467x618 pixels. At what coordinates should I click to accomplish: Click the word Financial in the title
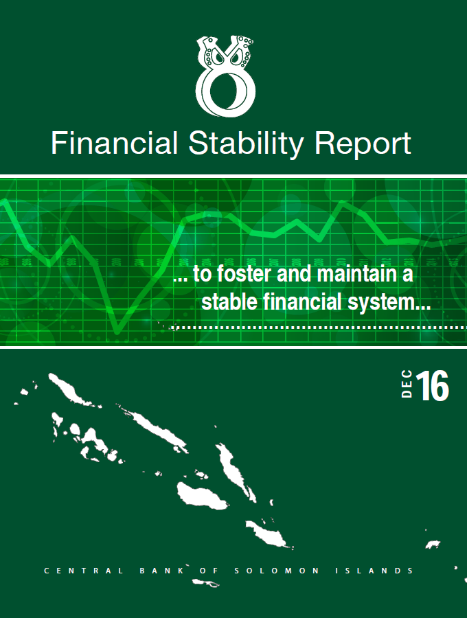(x=114, y=143)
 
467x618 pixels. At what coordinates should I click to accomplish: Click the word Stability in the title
(x=246, y=145)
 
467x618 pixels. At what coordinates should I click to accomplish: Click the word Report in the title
(x=363, y=145)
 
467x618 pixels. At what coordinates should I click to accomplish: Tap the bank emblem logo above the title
(x=225, y=76)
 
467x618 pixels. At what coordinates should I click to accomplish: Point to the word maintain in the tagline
(x=357, y=273)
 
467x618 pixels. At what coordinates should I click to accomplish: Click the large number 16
(x=433, y=385)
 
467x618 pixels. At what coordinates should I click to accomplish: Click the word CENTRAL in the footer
(x=84, y=571)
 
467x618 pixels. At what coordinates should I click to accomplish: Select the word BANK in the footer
(x=162, y=571)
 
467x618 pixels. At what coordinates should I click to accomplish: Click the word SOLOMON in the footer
(x=277, y=571)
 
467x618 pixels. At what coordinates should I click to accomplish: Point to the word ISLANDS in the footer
(x=374, y=571)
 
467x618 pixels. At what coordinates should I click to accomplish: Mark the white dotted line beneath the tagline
(x=320, y=327)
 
